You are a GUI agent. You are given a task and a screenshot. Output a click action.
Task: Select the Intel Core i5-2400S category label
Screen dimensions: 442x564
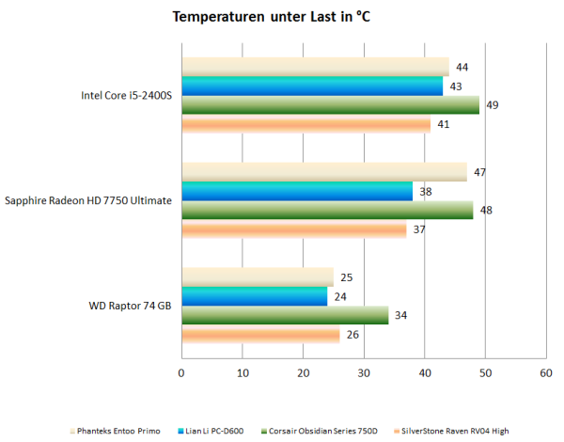coord(128,95)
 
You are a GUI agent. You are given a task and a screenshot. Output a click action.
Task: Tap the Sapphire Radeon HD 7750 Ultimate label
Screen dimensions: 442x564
coord(88,200)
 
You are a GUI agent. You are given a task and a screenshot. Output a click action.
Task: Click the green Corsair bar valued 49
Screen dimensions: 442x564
coord(330,104)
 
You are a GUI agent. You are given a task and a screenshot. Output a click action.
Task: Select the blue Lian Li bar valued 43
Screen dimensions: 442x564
coord(312,86)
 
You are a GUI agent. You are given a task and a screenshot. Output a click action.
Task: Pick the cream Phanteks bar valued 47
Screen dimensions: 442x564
coord(323,171)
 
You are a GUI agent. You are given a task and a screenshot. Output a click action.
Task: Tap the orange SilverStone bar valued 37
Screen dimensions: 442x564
coord(293,229)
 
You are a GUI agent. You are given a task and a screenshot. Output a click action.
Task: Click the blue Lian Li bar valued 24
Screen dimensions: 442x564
coord(254,296)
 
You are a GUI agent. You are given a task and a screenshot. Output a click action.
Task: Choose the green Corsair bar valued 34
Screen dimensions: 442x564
coord(284,315)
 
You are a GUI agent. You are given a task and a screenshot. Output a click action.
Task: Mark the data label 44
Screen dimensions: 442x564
coord(462,68)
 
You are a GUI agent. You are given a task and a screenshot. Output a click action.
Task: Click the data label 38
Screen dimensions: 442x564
coord(426,191)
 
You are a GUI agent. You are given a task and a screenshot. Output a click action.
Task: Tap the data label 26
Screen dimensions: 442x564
coord(353,334)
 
